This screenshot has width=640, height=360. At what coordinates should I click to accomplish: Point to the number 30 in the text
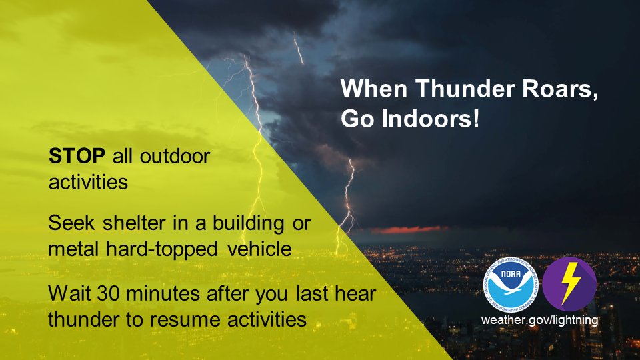click(97, 293)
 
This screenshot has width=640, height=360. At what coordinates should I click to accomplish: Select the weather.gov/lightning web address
click(540, 320)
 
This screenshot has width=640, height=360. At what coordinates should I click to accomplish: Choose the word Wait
click(65, 293)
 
